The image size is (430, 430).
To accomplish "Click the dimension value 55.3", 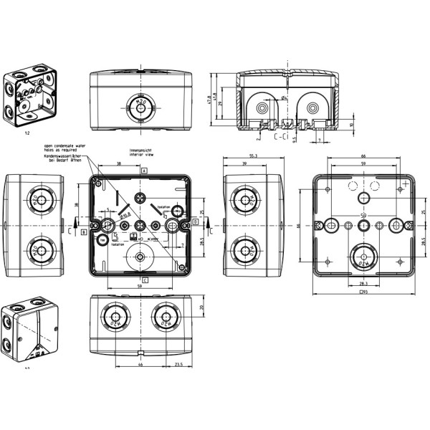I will coord(254,156).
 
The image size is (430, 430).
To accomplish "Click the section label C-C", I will coord(279,135).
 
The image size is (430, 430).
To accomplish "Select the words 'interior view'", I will coord(140,154).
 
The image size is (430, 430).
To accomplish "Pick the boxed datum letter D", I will coord(196,222).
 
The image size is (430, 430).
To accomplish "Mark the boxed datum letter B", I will coord(84,231).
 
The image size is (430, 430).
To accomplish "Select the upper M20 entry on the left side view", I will coord(34,201).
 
